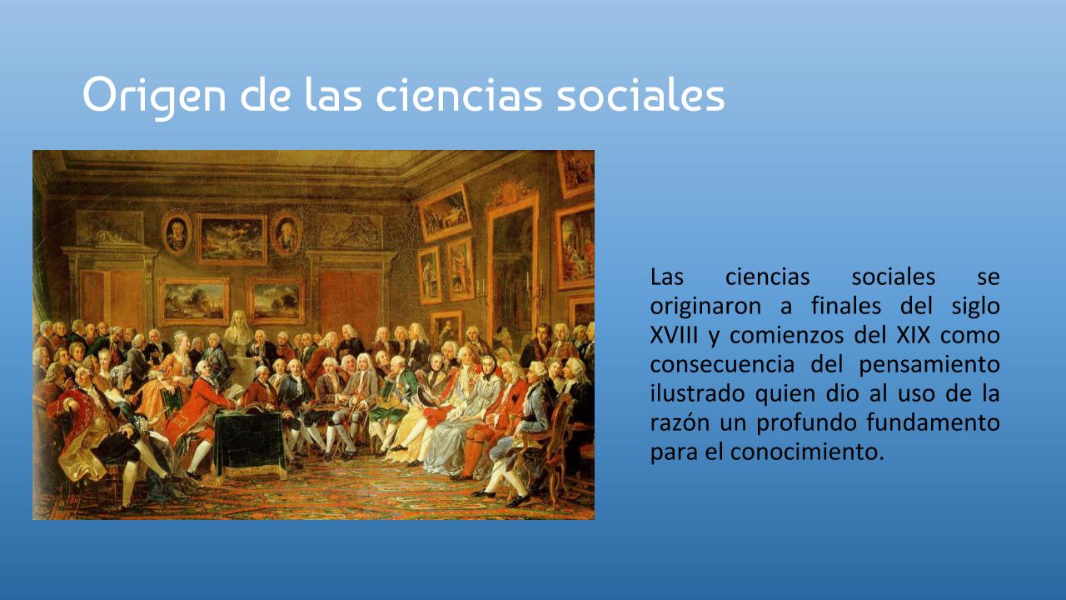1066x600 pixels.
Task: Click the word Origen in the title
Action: tap(154, 96)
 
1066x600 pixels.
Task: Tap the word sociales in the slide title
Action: tap(640, 94)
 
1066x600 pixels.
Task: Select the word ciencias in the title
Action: tap(459, 94)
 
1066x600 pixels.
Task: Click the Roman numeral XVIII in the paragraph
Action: tap(674, 335)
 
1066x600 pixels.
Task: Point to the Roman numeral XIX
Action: tap(913, 335)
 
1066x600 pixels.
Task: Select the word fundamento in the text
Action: tap(933, 422)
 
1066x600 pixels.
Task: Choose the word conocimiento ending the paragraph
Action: tap(807, 452)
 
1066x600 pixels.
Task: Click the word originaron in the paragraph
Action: tap(705, 307)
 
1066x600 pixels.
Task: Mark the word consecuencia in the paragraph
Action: tap(722, 365)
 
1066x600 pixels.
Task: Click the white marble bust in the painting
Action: tap(239, 330)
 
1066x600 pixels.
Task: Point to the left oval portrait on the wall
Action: tap(177, 232)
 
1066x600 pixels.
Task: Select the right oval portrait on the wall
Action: tap(286, 233)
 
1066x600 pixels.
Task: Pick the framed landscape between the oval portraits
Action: tap(232, 239)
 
